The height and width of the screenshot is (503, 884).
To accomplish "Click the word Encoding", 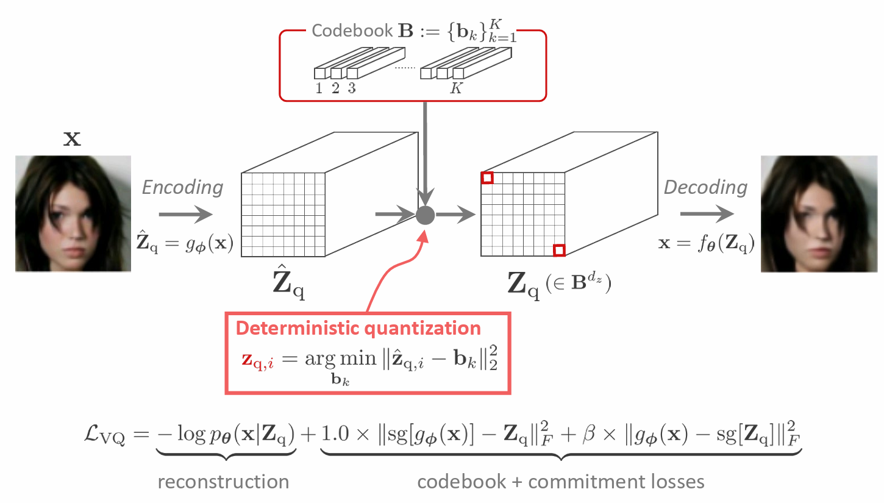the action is click(x=183, y=188).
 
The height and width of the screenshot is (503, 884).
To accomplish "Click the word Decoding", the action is click(x=705, y=188).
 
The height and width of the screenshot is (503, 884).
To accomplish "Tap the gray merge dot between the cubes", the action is click(x=425, y=214).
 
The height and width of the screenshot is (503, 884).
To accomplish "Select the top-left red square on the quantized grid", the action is click(x=487, y=177).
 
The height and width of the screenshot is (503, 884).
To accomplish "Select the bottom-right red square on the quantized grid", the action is click(x=559, y=250).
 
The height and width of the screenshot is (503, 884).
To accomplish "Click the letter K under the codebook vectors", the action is click(x=455, y=88).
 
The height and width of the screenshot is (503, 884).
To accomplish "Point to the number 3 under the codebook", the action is click(x=352, y=88).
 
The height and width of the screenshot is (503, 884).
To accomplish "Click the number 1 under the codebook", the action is click(x=319, y=88).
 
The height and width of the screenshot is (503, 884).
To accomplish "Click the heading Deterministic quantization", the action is click(x=358, y=328).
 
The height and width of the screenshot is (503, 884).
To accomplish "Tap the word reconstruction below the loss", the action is click(x=223, y=482).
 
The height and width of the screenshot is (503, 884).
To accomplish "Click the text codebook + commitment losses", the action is click(x=561, y=482).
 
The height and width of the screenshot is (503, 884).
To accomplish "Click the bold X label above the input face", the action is click(x=73, y=140).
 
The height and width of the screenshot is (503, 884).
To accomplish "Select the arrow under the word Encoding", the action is click(x=185, y=214).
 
